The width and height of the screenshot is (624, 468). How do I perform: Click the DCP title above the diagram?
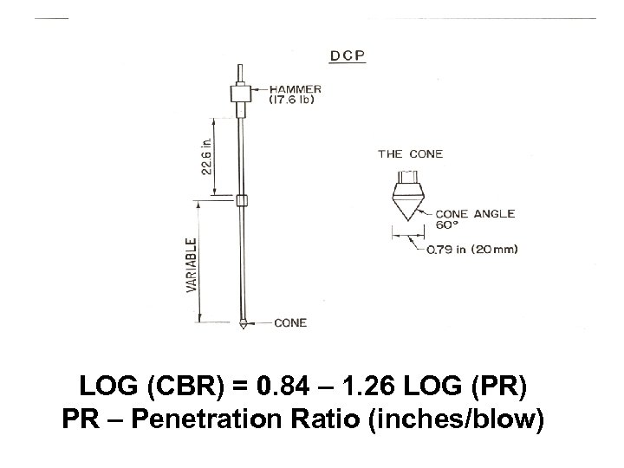pyautogui.click(x=348, y=56)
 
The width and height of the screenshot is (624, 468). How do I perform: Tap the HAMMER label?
pyautogui.click(x=295, y=88)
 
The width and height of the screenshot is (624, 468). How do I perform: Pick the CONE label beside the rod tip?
pyautogui.click(x=289, y=323)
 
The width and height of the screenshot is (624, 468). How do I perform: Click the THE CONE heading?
pyautogui.click(x=410, y=154)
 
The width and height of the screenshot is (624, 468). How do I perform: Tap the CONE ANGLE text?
pyautogui.click(x=474, y=213)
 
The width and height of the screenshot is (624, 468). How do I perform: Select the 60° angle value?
pyautogui.click(x=445, y=224)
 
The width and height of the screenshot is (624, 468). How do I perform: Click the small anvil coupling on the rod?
pyautogui.click(x=244, y=201)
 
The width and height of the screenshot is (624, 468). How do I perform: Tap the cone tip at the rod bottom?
pyautogui.click(x=244, y=325)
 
